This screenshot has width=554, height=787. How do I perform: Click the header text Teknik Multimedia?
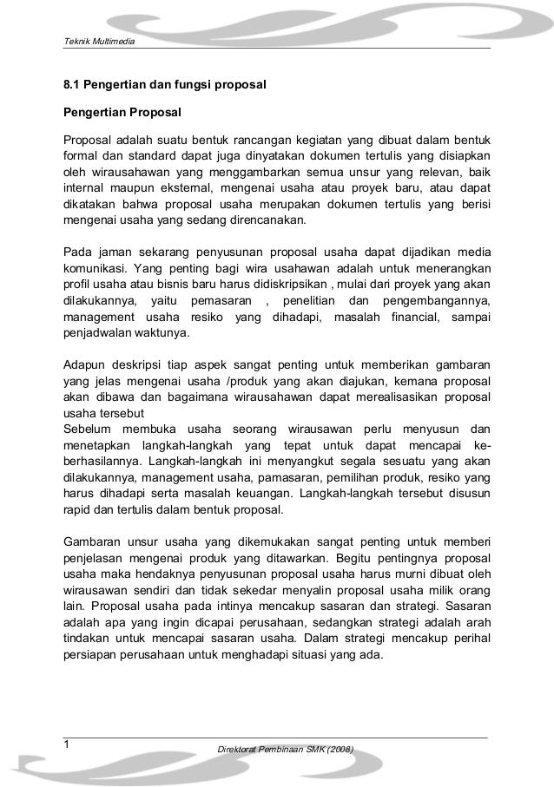pyautogui.click(x=96, y=43)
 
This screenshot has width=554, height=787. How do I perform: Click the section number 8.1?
pyautogui.click(x=70, y=86)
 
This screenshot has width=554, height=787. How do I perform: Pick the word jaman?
pyautogui.click(x=109, y=251)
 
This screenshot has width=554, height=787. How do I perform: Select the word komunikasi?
pyautogui.click(x=95, y=266)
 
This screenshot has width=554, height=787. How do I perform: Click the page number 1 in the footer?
pyautogui.click(x=66, y=744)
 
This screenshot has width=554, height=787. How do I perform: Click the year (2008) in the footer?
pyautogui.click(x=335, y=749)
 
